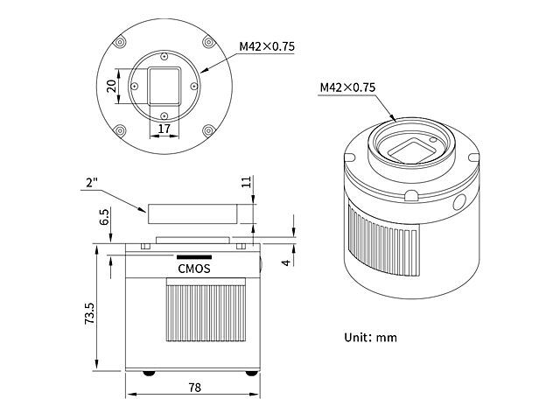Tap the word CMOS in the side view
coord(193,269)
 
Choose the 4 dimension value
coord(286,260)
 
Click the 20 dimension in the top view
coord(111,86)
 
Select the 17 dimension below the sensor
coord(163,129)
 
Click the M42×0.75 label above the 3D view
coord(347,87)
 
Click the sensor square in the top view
coord(164,86)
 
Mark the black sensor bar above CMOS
coord(193,256)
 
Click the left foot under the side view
coord(148,371)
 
